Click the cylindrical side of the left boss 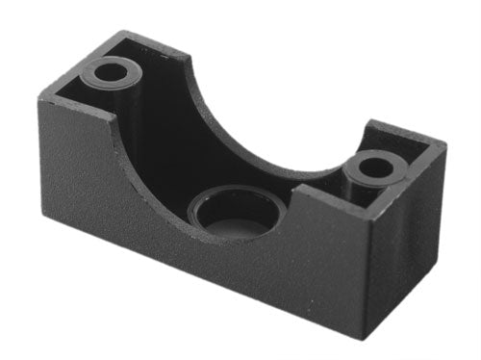pyautogui.click(x=114, y=91)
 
